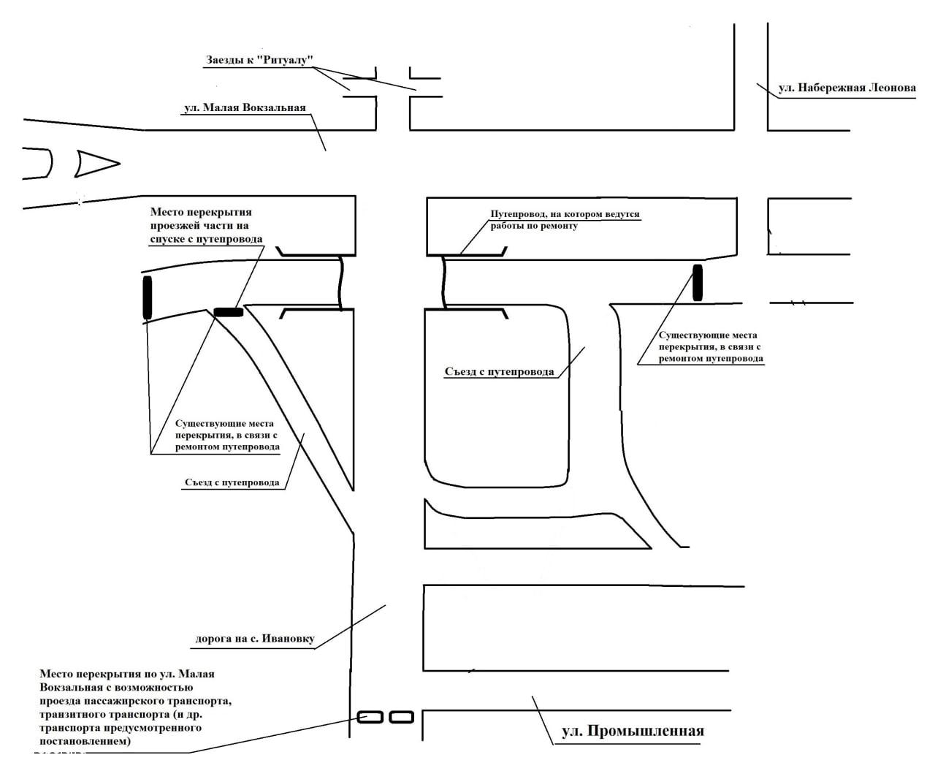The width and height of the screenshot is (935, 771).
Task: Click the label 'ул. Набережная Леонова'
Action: point(847,88)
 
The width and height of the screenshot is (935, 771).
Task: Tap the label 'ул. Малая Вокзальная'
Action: point(244,108)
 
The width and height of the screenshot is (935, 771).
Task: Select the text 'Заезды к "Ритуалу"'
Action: point(259,60)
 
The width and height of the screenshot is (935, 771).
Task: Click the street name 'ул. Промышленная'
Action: point(633,732)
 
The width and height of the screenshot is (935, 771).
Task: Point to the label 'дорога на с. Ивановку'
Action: point(254,639)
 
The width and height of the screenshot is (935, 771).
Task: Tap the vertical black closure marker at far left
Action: point(148,297)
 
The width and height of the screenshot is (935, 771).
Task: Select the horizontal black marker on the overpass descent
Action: point(229,312)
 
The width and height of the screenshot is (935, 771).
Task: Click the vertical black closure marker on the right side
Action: point(698,283)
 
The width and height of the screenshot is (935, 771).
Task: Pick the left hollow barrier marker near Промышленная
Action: point(370,717)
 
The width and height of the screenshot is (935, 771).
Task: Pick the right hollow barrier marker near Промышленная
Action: point(401,717)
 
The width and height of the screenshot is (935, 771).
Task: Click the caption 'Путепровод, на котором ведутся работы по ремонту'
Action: point(564,221)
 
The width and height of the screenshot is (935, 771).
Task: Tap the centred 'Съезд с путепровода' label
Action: point(499,372)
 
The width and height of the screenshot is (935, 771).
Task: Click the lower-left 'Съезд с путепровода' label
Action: point(232,482)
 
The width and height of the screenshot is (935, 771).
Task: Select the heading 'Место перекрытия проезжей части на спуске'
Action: point(206,225)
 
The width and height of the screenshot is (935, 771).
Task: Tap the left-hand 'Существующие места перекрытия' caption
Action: point(227,435)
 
